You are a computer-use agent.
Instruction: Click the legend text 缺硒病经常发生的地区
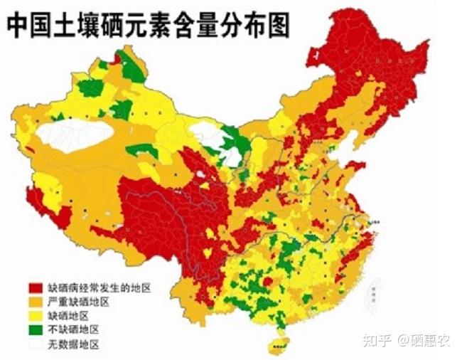pyautogui.click(x=99, y=288)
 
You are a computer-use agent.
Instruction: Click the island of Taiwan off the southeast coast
pyautogui.click(x=372, y=292)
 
